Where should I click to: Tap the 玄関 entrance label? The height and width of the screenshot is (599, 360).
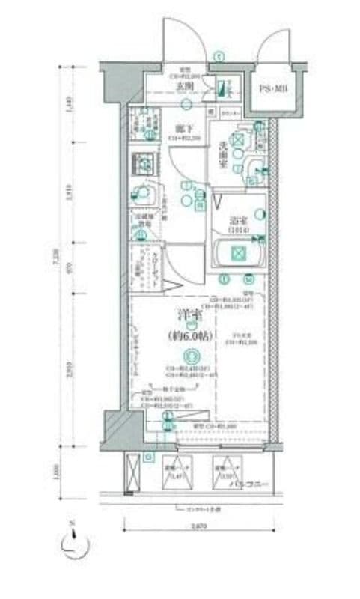186,85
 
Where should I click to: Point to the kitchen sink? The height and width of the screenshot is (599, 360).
140,192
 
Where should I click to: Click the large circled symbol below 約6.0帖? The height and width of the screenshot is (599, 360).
192,356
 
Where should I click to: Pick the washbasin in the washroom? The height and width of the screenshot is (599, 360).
254,169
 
